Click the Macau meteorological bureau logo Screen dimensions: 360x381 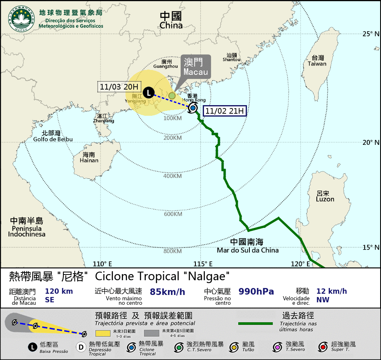(22, 19)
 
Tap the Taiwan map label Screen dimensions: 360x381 (317, 61)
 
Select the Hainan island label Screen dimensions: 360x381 (89, 157)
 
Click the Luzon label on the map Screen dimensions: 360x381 (325, 196)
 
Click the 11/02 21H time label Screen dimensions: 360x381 (224, 110)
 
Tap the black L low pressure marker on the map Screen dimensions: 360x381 (149, 93)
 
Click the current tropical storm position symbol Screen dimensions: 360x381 (193, 108)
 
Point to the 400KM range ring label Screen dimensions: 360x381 (173, 176)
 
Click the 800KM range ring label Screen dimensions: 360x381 (173, 251)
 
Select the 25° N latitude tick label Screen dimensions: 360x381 (371, 34)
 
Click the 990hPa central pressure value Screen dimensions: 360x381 (256, 292)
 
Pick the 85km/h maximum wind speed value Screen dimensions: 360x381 (168, 292)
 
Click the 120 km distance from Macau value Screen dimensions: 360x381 (59, 291)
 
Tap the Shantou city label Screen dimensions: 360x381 (231, 57)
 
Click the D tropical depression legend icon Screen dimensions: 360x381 (81, 347)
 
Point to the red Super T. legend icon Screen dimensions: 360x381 (323, 347)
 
